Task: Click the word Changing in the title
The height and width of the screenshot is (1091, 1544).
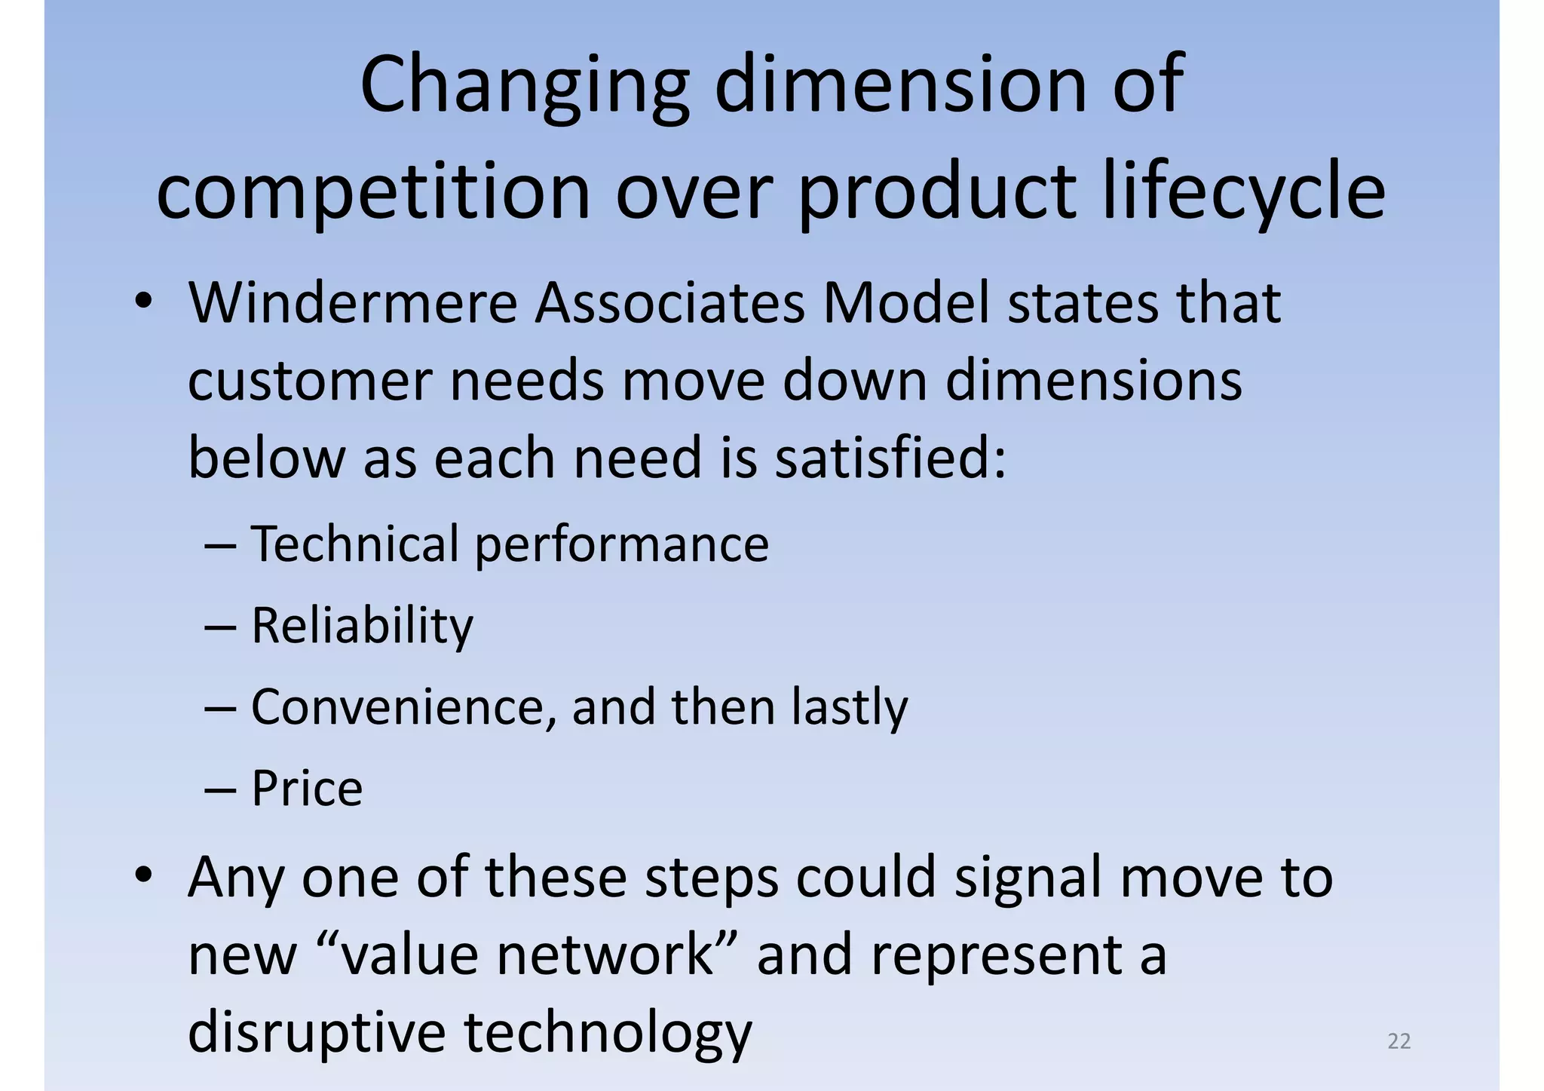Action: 524,87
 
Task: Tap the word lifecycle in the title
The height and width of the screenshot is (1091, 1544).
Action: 1243,192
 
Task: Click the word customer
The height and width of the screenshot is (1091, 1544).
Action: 310,381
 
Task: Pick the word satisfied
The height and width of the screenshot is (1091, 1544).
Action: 890,458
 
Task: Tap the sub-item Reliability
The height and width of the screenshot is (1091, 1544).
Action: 362,626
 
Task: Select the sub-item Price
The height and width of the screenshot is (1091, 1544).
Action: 307,789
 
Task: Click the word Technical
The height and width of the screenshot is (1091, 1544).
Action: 355,544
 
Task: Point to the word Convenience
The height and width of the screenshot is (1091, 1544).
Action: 403,707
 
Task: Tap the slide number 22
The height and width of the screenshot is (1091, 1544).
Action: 1398,1041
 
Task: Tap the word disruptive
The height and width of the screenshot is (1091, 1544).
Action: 317,1033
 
